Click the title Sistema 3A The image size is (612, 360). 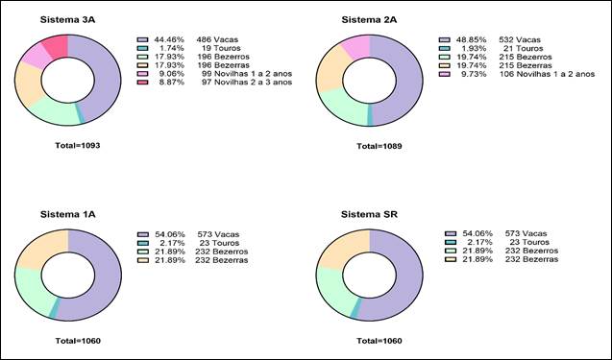67,20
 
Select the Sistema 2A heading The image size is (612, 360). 369,20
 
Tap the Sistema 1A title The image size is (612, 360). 67,214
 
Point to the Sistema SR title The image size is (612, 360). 369,214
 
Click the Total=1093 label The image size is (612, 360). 78,146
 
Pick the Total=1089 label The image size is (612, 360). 379,146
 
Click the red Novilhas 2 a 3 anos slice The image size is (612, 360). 57,45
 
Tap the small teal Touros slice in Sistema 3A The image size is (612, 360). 80,114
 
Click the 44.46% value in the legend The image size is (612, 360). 169,39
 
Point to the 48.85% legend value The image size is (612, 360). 472,39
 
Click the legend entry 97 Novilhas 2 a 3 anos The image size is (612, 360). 247,83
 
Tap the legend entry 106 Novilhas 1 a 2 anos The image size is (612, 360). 547,74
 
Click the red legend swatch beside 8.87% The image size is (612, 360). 142,83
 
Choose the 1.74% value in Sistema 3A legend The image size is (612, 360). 172,48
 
